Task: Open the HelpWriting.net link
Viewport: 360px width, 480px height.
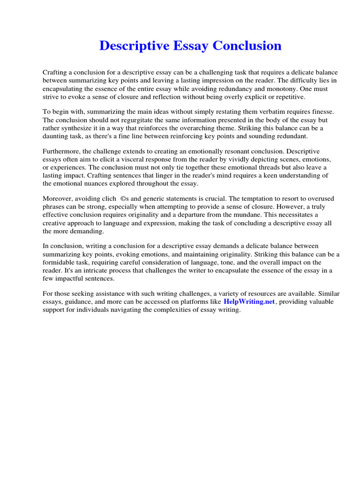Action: point(249,302)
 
